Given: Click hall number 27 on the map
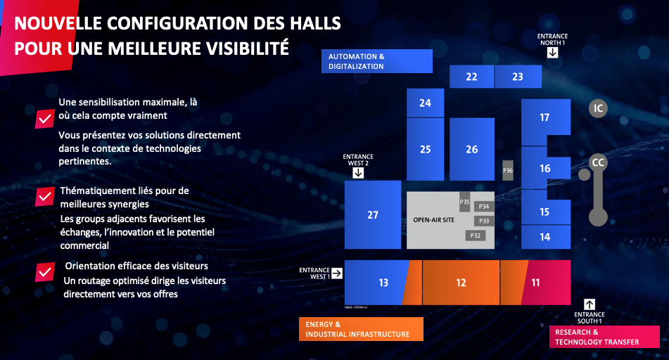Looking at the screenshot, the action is point(372,214).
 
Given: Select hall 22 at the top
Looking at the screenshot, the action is point(471,77).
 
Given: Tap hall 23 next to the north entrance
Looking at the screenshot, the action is point(518,77).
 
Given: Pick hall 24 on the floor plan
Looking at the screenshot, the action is point(425,103).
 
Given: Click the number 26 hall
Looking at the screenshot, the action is point(472,149).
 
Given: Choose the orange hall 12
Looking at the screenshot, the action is point(461,283).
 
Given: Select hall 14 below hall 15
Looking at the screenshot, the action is point(546,237).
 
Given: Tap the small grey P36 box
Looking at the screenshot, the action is point(508,170).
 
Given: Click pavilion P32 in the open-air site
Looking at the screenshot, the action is point(476,236).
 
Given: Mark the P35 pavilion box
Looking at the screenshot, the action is point(464,202).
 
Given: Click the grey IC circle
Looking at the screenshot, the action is point(598,108).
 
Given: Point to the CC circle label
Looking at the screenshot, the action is point(598,162).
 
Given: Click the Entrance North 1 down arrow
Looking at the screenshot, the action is point(552,53).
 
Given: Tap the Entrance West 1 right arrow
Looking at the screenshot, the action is point(337,274).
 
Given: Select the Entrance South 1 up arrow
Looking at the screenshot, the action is point(590,304).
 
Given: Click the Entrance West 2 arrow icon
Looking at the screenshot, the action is point(358,173).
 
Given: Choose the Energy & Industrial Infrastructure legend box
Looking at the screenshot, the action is point(361,329).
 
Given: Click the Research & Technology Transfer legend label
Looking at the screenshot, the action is point(597,337).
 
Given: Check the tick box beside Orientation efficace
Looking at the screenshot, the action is point(45,271).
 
